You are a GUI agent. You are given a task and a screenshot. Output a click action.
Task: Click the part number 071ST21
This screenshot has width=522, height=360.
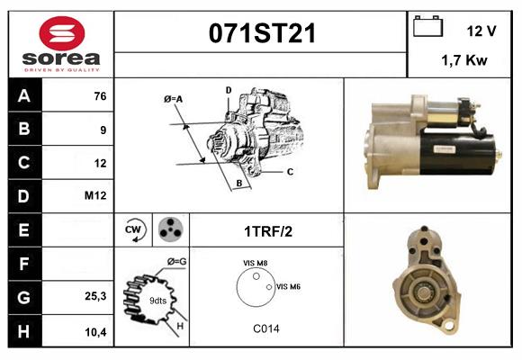pos(262,34)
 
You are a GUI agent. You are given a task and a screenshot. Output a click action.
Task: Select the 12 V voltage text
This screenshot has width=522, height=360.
pos(481,31)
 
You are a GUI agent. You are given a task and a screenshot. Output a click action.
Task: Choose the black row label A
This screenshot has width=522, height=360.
pos(24,96)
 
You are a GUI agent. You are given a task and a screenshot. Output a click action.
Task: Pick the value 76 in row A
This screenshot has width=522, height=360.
pos(100,96)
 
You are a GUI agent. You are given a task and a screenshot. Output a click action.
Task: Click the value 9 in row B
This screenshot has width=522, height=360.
pos(103,130)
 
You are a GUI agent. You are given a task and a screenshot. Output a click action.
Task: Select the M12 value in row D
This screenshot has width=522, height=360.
pos(96,196)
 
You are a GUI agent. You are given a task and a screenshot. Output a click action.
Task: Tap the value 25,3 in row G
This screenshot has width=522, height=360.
pos(96,296)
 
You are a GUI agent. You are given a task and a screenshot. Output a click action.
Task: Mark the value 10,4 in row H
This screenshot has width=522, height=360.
pos(96,331)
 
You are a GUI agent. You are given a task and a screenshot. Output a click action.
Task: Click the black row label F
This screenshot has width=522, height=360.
pos(24,263)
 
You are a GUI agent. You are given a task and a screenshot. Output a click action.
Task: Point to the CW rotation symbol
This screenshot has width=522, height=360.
pos(135,229)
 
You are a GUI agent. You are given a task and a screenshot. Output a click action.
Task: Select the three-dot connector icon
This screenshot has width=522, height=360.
pos(169,229)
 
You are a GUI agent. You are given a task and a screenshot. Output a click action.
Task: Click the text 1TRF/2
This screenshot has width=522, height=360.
pos(267,230)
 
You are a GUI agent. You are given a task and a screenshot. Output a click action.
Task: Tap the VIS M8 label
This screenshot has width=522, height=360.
pos(256,262)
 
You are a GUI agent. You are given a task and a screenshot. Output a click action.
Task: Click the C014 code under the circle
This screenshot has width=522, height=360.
pos(266,328)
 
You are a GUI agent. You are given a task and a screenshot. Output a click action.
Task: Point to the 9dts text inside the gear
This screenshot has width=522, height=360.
pos(157,300)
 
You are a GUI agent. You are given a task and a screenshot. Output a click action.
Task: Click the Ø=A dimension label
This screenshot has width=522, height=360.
pos(174,98)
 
